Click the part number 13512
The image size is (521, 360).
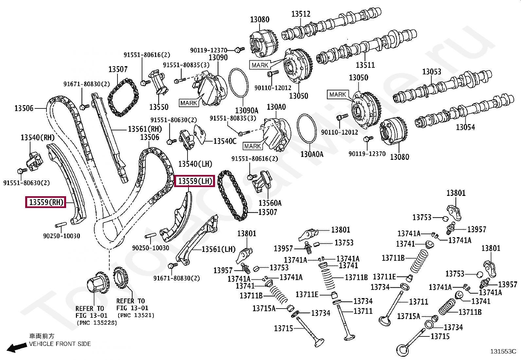(x=301, y=14)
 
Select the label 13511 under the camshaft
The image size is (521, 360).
(x=365, y=65)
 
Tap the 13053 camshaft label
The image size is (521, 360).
(x=431, y=71)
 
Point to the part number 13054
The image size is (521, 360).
(x=465, y=127)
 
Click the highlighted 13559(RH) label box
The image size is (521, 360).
(x=45, y=202)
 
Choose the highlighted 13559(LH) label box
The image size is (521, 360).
(x=194, y=181)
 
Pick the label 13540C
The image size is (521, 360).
(x=225, y=141)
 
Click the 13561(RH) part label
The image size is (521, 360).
(x=145, y=129)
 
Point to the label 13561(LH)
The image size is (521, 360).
(x=218, y=249)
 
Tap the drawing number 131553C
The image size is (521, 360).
(x=503, y=351)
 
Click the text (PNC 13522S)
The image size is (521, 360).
(x=97, y=323)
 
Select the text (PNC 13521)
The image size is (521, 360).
(x=136, y=315)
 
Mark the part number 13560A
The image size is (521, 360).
(x=270, y=203)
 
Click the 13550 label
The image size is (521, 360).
(x=159, y=107)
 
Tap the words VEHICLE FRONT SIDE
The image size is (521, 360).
(x=60, y=344)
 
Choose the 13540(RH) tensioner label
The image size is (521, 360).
(x=37, y=138)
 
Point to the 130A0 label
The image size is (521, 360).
(x=276, y=107)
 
